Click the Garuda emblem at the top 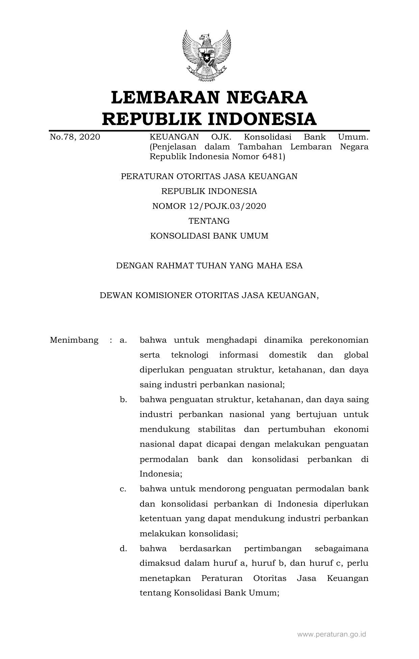207,56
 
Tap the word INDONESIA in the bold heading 262,119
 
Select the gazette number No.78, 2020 75,137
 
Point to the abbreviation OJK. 221,137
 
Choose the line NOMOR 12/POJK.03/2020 209,206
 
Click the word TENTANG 209,221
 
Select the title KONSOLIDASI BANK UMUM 209,236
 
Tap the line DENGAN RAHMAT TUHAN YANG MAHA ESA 209,266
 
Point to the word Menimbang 74,340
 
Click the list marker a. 123,340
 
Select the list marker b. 123,400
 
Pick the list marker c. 123,489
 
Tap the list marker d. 123,548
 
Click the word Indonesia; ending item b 161,474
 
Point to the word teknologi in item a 189,355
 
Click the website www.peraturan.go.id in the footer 331,634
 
